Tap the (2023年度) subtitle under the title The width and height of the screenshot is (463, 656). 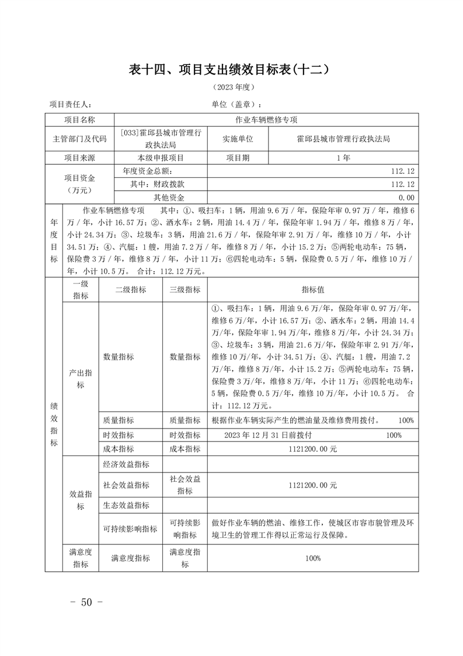(x=231, y=87)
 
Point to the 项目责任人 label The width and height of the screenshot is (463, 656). (x=70, y=104)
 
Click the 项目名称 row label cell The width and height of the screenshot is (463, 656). (x=79, y=120)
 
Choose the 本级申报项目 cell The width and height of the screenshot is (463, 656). (x=161, y=158)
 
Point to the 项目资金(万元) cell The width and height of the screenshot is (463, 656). (x=79, y=184)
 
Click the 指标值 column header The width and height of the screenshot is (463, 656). (x=313, y=290)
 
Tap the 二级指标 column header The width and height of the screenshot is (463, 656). (x=131, y=290)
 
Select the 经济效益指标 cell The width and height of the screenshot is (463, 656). (x=126, y=464)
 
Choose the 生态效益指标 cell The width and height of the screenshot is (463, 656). (x=126, y=505)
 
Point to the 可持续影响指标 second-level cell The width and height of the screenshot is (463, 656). (x=130, y=529)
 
